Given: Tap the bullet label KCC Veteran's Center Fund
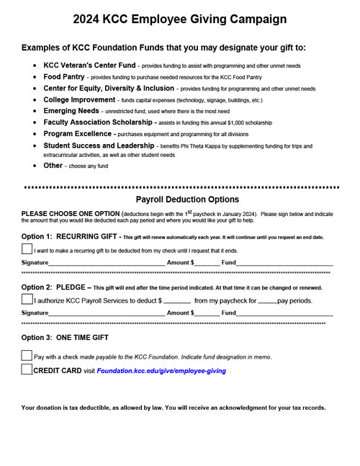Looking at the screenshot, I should (x=89, y=66).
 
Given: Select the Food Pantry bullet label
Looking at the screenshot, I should (x=64, y=77).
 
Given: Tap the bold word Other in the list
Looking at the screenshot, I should (x=53, y=166).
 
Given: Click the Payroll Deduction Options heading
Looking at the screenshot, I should (x=187, y=200).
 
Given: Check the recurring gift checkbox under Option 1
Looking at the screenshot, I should (x=27, y=249).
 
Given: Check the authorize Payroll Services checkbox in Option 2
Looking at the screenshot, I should (x=27, y=299).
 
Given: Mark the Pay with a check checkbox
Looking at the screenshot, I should (x=27, y=356).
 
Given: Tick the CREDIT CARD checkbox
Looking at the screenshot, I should (x=27, y=370).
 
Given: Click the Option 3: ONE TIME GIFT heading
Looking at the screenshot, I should (x=65, y=337).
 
